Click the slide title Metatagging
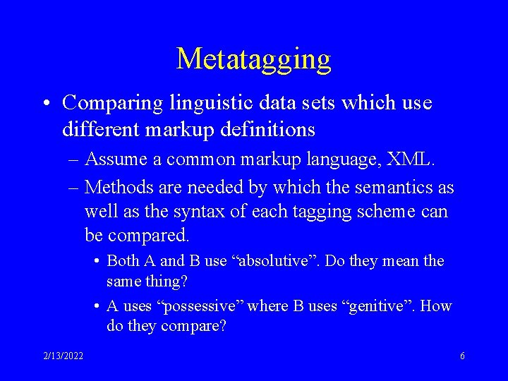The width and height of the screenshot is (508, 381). pos(253,59)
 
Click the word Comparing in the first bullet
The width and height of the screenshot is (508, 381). pos(112,103)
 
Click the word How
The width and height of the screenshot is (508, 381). pos(437,306)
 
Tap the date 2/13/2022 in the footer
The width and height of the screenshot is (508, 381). pos(64,356)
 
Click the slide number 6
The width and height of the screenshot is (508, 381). pos(462,356)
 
